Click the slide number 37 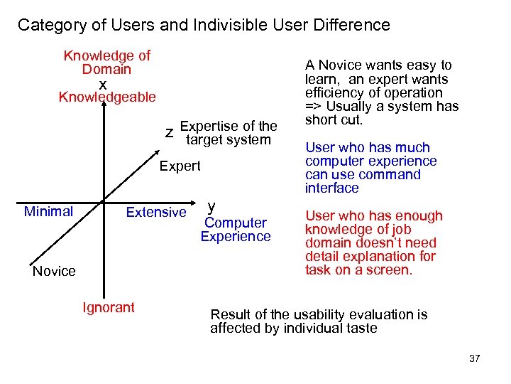click(x=475, y=358)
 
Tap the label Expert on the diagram click(x=180, y=166)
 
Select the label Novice click(x=54, y=271)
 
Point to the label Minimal click(x=48, y=211)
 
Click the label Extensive click(x=155, y=212)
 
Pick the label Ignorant click(x=109, y=307)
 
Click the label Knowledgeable click(x=107, y=97)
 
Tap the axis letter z click(x=169, y=132)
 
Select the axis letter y click(x=211, y=207)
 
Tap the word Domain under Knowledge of click(x=106, y=69)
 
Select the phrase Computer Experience click(x=236, y=230)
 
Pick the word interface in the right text click(x=332, y=188)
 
